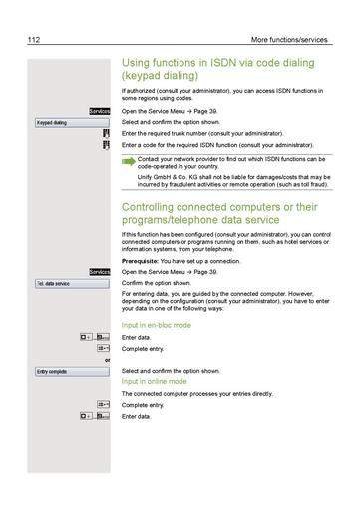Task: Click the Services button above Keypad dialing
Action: tap(99, 111)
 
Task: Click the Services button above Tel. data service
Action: tap(99, 271)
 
